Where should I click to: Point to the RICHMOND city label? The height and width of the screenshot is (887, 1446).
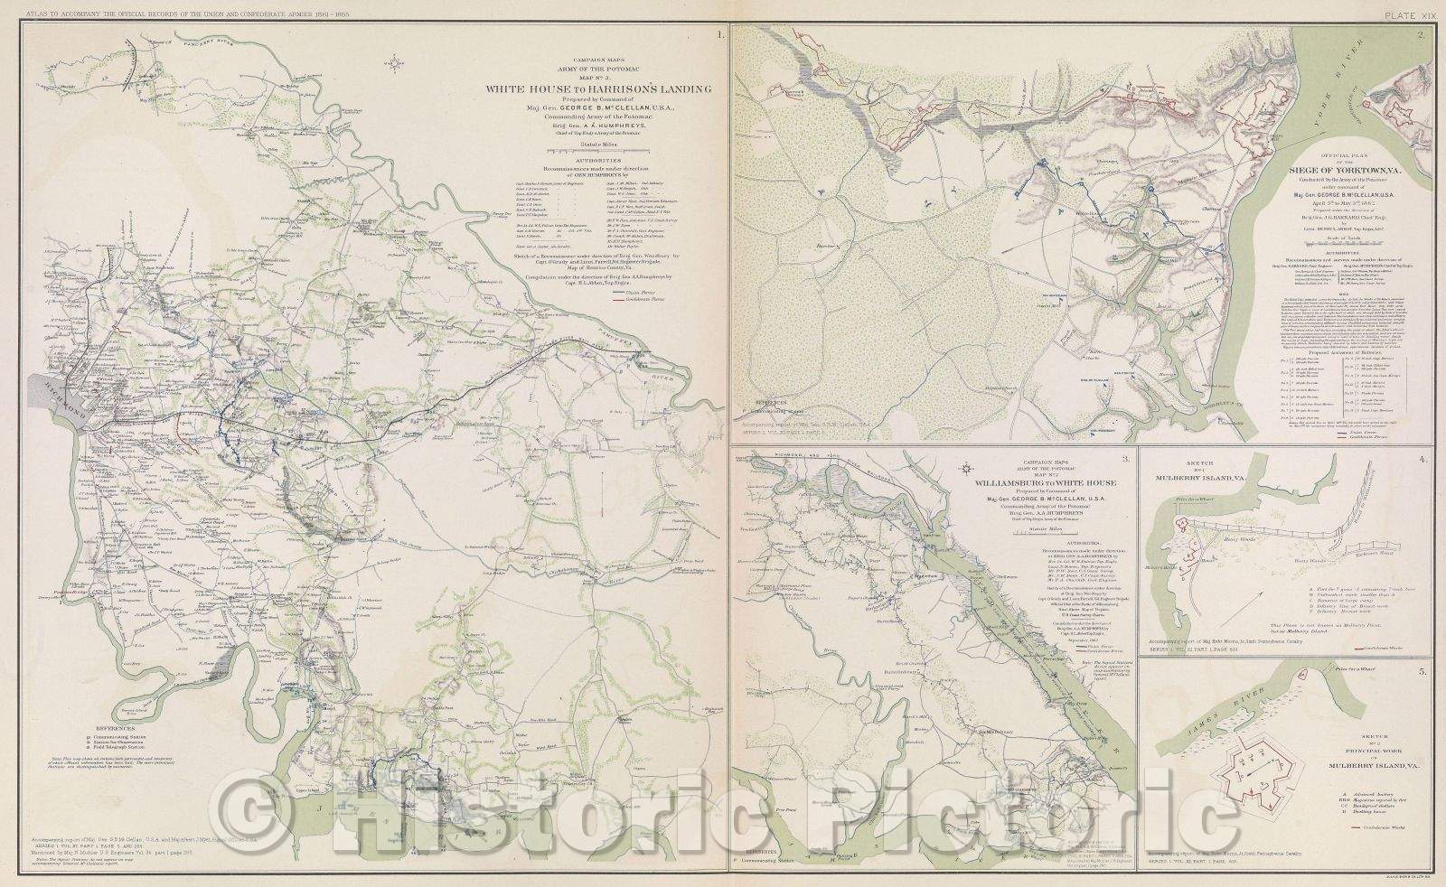click(56, 396)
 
